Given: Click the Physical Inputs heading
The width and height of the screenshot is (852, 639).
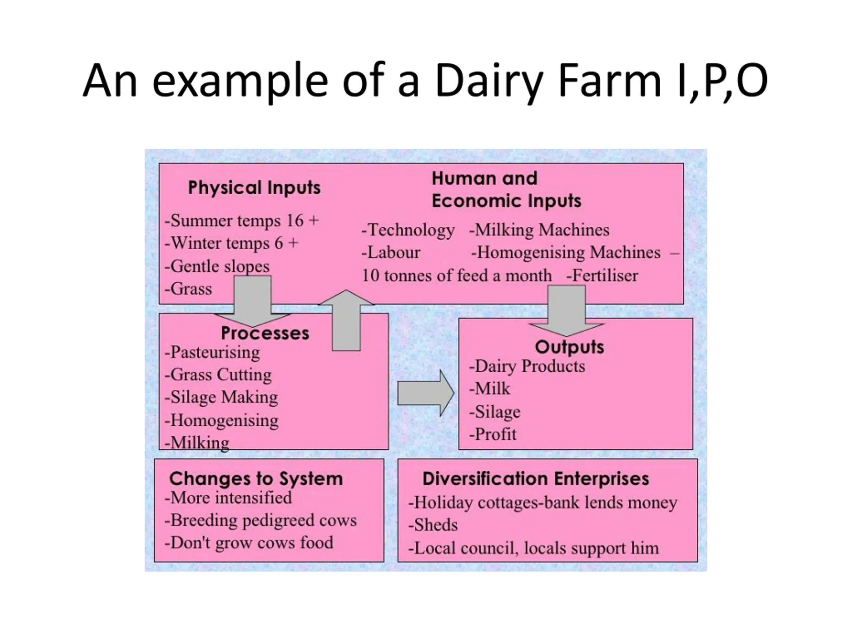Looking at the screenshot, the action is (x=254, y=188).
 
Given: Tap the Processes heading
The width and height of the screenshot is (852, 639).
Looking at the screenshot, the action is (x=265, y=333).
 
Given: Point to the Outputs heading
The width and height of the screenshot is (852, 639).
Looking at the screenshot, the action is (x=569, y=347).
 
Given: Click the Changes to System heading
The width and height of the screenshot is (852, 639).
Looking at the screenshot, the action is (x=256, y=479).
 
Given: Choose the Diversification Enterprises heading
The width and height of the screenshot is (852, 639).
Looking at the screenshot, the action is (x=536, y=479).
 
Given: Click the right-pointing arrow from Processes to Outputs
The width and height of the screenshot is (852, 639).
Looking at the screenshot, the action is (x=426, y=393).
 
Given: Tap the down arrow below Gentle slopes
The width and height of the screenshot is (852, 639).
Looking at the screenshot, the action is (x=253, y=301).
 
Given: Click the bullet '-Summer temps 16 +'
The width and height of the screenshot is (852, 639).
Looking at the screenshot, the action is (x=242, y=221).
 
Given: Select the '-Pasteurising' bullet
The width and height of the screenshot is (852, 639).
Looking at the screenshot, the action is (x=212, y=352).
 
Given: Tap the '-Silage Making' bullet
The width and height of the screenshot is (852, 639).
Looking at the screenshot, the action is (x=221, y=397).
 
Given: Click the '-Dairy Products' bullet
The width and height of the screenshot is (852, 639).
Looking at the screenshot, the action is (x=527, y=366).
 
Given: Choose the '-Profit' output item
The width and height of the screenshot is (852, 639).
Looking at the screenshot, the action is (x=493, y=434).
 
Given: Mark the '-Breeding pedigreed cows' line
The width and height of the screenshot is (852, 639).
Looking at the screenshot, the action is (x=260, y=521).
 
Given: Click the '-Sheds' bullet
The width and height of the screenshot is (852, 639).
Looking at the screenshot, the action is (x=433, y=525).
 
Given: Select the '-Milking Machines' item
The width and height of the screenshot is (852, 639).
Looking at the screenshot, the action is (x=539, y=230).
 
